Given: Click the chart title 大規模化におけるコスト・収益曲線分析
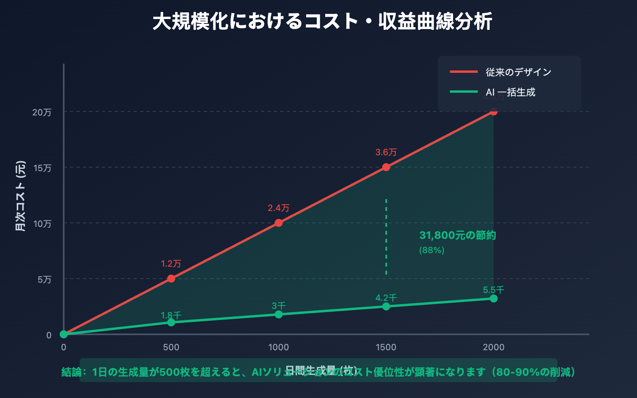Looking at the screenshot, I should pyautogui.click(x=322, y=21).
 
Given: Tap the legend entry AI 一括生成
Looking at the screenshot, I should pyautogui.click(x=510, y=92).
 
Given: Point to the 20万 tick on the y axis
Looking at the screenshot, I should pyautogui.click(x=42, y=112).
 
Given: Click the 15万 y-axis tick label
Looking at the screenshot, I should pyautogui.click(x=42, y=168).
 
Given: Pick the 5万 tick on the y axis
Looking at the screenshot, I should pyautogui.click(x=44, y=279).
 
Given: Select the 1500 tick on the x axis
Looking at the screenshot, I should pyautogui.click(x=386, y=347).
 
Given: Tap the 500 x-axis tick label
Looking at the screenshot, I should pyautogui.click(x=171, y=347).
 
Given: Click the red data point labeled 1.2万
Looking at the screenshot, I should pyautogui.click(x=171, y=279).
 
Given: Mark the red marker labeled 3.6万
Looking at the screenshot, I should pyautogui.click(x=386, y=167).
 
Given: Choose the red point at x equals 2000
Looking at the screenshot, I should pyautogui.click(x=494, y=111).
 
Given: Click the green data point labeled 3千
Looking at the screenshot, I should pyautogui.click(x=279, y=314).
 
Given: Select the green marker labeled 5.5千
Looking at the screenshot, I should pyautogui.click(x=494, y=298).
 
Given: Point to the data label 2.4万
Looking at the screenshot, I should pyautogui.click(x=278, y=208).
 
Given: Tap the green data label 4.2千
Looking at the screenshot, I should pyautogui.click(x=386, y=298).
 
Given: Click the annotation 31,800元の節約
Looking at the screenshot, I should pyautogui.click(x=457, y=235).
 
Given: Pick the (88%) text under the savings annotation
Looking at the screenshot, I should pyautogui.click(x=432, y=250).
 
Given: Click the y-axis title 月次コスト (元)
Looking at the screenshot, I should pyautogui.click(x=20, y=196).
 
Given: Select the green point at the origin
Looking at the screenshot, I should pyautogui.click(x=64, y=334).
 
